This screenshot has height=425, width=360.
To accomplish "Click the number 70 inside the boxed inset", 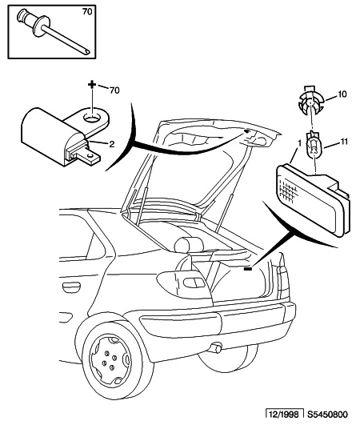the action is (87, 12).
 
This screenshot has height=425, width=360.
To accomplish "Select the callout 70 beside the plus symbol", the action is (114, 90).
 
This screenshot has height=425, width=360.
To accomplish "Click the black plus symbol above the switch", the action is (92, 84).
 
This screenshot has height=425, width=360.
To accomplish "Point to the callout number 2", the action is (112, 144).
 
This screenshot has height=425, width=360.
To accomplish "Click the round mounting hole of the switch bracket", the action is (92, 118).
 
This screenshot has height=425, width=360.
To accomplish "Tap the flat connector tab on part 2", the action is (87, 157).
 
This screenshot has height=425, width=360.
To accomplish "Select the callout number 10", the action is (342, 94).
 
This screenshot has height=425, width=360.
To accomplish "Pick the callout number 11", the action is (343, 142).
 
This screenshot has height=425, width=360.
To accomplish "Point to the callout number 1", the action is (299, 142).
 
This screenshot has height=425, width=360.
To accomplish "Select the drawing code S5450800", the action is (327, 415).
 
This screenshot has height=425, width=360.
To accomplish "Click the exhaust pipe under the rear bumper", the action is (215, 347).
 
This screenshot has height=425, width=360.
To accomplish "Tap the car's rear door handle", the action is (71, 287).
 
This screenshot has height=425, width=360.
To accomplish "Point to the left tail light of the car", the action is (184, 284).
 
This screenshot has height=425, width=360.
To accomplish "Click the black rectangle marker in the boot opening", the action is (248, 269).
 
